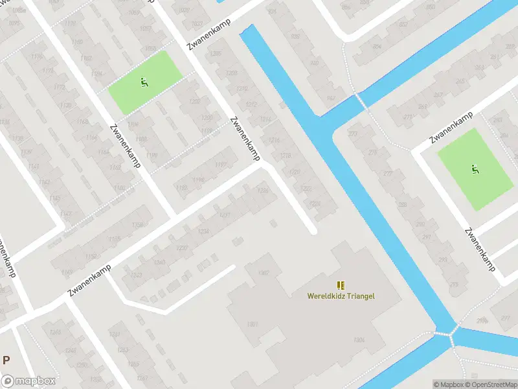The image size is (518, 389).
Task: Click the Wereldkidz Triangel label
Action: tap(341, 296)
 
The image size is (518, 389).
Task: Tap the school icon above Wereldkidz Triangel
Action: tap(341, 285)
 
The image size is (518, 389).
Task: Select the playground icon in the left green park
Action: tap(143, 82)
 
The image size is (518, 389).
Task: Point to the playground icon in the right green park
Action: tap(475, 169)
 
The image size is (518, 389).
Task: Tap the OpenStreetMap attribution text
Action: tap(491, 384)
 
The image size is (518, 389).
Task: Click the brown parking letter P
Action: tap(6, 360)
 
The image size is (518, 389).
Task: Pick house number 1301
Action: tap(253, 324)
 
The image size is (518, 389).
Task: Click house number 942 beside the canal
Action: tap(332, 99)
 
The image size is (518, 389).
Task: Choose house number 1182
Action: tap(85, 58)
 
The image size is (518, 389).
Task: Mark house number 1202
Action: tap(194, 101)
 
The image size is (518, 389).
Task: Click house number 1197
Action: tap(220, 165)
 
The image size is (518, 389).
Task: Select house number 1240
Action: tap(159, 263)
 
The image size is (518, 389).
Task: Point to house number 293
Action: tap(442, 260)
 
